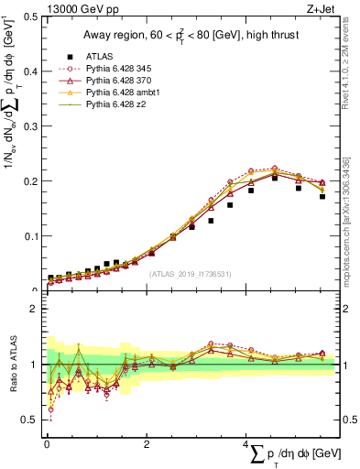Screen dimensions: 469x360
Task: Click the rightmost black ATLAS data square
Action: [322, 196]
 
